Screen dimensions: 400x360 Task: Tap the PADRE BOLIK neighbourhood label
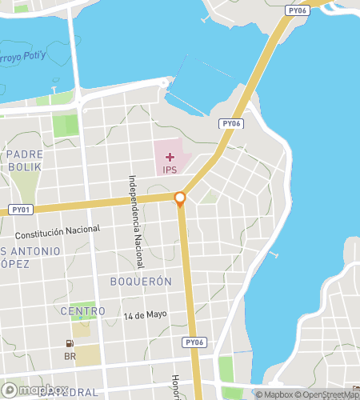[x=29, y=160]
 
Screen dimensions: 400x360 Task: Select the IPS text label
[x=170, y=170]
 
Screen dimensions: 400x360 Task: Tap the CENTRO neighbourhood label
[x=82, y=310]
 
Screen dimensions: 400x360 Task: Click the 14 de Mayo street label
[x=145, y=314]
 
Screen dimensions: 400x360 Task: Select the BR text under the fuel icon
[x=70, y=354]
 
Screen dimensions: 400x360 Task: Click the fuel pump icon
[x=70, y=343]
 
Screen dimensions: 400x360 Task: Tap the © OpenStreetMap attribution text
[x=327, y=394]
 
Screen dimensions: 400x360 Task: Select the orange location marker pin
[x=180, y=199]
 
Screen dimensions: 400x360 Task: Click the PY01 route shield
[x=22, y=210]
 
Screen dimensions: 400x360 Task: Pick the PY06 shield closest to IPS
[x=231, y=124]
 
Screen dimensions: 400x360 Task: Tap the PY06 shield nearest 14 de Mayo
[x=194, y=342]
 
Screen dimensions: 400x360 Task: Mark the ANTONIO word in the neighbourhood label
[x=35, y=251]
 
